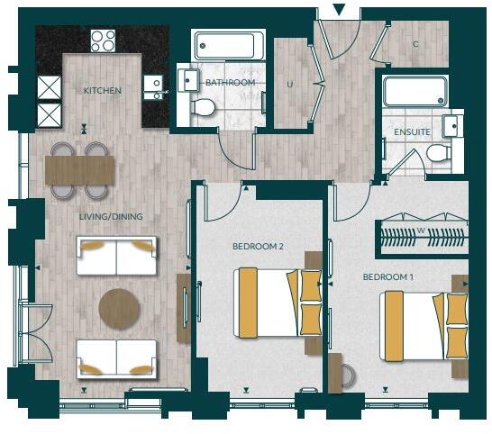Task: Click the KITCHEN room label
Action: point(103,91)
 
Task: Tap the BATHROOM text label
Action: point(230,83)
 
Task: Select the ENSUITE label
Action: point(412,132)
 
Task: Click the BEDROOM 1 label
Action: point(387,276)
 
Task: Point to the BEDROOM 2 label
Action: point(259,246)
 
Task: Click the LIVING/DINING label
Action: point(110,217)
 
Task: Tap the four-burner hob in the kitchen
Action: point(103,41)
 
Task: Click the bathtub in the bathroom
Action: point(229,45)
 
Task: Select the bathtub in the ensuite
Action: point(415,91)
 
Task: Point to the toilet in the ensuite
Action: point(440,153)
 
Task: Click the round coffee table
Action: point(119,308)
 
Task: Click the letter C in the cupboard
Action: point(415,44)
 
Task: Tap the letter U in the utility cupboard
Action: point(290,84)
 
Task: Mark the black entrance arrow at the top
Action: point(339,10)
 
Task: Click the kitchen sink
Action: point(155,86)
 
